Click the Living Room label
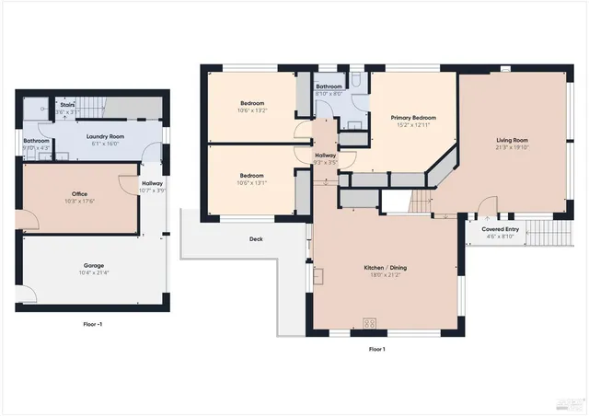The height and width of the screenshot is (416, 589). point(512,140)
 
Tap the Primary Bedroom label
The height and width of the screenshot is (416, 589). point(412,118)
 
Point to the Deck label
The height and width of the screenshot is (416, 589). point(257,239)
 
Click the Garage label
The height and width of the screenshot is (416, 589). point(93,265)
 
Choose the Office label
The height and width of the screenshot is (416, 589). point(80,193)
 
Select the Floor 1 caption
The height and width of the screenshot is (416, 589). point(376,349)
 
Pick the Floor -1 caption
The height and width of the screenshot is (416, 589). point(92,324)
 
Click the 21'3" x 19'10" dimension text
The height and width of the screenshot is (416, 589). point(512,147)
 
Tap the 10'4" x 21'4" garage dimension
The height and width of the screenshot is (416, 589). point(93,272)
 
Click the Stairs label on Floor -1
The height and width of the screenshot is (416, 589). point(67,105)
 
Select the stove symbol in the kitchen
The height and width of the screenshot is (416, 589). point(370,322)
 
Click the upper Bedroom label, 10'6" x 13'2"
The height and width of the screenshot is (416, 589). point(252,103)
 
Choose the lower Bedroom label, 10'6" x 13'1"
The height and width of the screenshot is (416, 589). point(252,175)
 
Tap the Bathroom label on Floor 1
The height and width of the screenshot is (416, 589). point(329,87)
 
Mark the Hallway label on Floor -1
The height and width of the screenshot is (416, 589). point(152,184)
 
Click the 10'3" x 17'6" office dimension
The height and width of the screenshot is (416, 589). point(80,201)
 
